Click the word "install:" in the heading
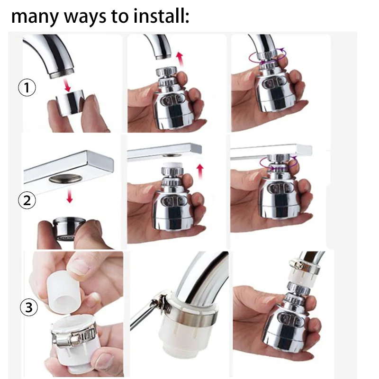[x=161, y=16]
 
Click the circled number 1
[x=27, y=88]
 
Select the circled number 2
[x=27, y=200]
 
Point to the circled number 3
[x=29, y=307]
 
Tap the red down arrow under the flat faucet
[x=70, y=196]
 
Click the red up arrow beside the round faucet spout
[x=180, y=58]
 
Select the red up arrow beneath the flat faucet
[x=200, y=171]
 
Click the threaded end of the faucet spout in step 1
[x=62, y=73]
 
